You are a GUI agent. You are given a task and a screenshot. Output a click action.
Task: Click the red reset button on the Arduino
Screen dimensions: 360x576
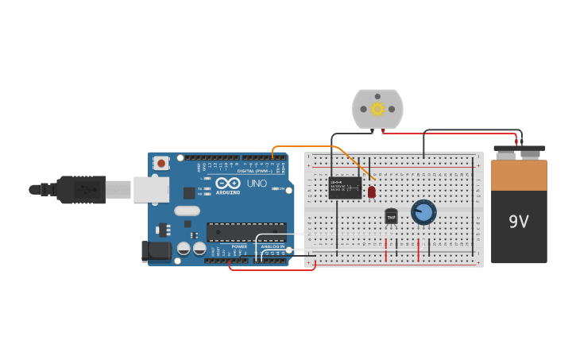click(x=162, y=163)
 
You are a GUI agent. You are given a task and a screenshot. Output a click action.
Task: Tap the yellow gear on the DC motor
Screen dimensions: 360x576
click(x=377, y=109)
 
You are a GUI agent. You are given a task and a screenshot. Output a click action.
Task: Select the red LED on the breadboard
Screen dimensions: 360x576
click(x=371, y=192)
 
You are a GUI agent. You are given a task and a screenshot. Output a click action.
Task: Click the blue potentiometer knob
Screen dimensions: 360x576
click(x=423, y=211)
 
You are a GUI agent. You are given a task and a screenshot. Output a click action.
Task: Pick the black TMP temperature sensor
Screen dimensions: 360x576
click(x=391, y=216)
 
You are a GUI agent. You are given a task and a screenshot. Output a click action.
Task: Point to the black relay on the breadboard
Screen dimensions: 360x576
click(x=345, y=188)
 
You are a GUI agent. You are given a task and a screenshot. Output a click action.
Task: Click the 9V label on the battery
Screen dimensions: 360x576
click(x=519, y=222)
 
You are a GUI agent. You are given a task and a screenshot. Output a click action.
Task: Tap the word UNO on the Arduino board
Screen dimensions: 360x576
click(x=257, y=184)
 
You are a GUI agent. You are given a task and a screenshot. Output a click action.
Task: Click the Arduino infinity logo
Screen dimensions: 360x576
click(x=227, y=183)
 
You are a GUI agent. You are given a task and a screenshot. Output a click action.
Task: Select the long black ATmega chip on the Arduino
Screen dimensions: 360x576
click(x=246, y=232)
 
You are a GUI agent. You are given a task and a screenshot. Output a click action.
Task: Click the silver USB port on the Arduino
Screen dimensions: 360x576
click(x=151, y=189)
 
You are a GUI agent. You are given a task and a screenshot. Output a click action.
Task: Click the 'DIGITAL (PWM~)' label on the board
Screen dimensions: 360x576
click(x=253, y=171)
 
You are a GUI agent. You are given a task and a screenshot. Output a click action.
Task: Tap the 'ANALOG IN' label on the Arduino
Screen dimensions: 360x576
click(x=273, y=246)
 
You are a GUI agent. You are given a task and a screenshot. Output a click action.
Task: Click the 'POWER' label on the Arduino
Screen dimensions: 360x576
click(x=239, y=246)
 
